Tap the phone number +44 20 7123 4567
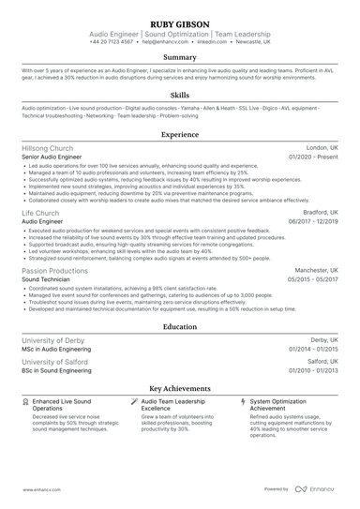pyautogui.click(x=112, y=42)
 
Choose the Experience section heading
pyautogui.click(x=179, y=135)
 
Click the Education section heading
pyautogui.click(x=179, y=326)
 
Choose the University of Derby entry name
pyautogui.click(x=57, y=340)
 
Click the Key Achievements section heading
pyautogui.click(x=179, y=387)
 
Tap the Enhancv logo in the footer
pyautogui.click(x=315, y=489)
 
